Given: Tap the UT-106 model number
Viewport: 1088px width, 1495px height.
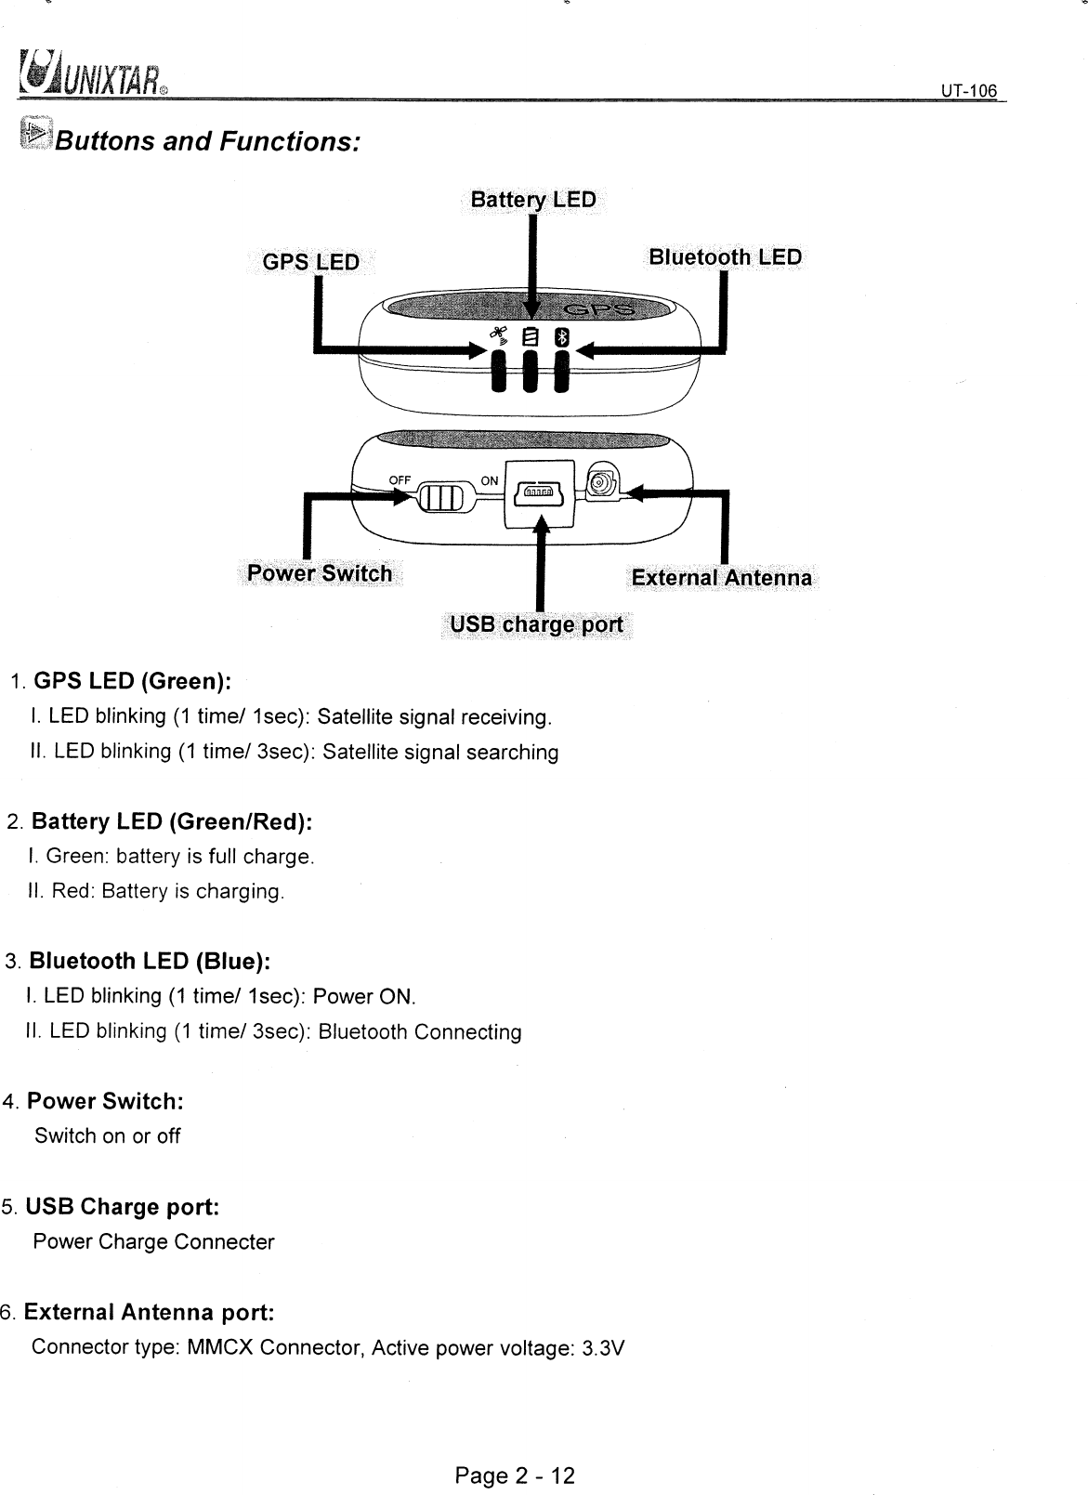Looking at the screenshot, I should pos(967,91).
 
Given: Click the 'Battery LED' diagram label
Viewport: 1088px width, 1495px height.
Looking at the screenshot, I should pos(533,201).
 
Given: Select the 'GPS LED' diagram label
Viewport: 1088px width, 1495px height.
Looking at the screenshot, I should pos(310,262).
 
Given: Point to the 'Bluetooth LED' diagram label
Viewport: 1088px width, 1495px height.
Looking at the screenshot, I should pos(725,256).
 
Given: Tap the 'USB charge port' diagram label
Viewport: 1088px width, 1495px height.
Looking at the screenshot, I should pos(536,623).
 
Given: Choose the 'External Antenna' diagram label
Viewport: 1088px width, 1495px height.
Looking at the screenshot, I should pos(721,578).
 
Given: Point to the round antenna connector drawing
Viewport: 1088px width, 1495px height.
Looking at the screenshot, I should pos(601,484).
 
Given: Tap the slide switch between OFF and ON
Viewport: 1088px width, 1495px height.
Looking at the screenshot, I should pos(440,498).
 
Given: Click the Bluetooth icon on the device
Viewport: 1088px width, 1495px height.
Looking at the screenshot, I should pos(561,338).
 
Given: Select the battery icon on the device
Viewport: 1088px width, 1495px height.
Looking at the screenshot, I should pos(531,338).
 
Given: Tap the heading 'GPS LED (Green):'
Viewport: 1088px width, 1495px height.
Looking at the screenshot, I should pos(132,682).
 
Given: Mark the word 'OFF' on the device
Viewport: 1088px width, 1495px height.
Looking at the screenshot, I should pos(400,479).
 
